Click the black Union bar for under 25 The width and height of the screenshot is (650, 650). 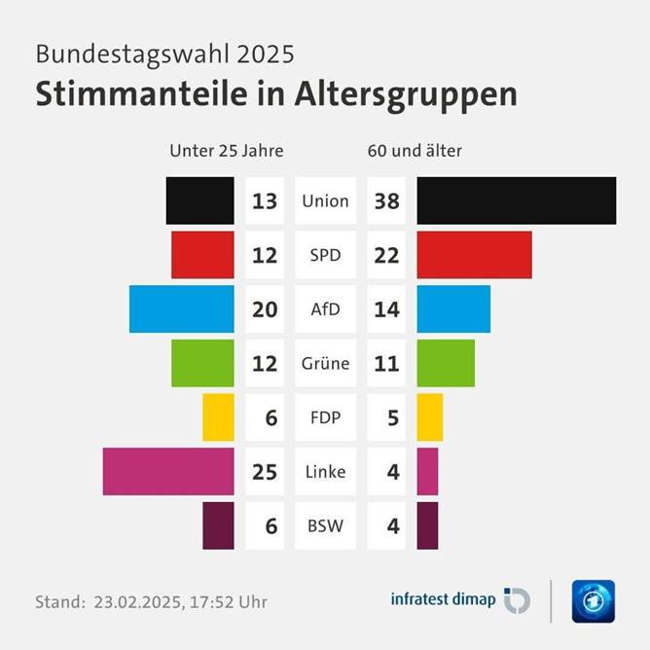[x=200, y=200]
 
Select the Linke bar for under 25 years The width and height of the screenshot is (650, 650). [x=168, y=472]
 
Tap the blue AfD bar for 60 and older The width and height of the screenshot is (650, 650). [x=453, y=309]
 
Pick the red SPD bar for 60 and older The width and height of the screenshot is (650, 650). [x=474, y=255]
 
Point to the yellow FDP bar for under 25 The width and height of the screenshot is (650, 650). [x=218, y=417]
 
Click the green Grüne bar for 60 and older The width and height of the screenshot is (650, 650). [x=446, y=363]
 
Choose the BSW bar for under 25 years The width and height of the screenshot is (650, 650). [x=218, y=525]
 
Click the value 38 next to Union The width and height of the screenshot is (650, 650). [x=386, y=201]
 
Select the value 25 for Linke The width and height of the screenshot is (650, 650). [x=265, y=473]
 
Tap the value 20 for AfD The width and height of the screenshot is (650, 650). [x=265, y=310]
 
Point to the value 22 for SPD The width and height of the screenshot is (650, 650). [x=386, y=256]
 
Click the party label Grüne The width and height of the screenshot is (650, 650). [x=325, y=364]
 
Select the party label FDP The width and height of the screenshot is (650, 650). [x=325, y=418]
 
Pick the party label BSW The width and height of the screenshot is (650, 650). [x=325, y=526]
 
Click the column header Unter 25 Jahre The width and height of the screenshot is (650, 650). [x=226, y=151]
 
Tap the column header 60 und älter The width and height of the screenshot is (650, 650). [x=415, y=151]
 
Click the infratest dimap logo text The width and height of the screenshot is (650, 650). [x=443, y=599]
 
